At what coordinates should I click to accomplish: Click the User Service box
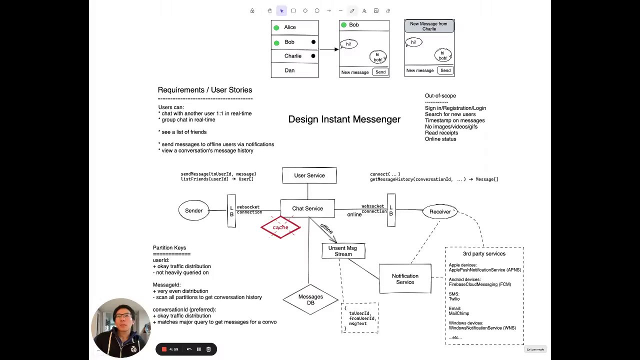click(x=309, y=175)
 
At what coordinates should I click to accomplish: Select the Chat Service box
click(x=307, y=208)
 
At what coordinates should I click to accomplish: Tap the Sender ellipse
click(x=193, y=210)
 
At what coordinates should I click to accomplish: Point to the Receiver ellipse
click(x=440, y=211)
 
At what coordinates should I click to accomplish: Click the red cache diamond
click(x=280, y=227)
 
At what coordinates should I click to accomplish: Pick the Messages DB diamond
click(x=310, y=299)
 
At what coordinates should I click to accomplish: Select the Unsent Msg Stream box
click(x=343, y=251)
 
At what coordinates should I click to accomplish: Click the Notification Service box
click(x=405, y=279)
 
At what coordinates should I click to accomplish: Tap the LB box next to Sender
click(x=231, y=211)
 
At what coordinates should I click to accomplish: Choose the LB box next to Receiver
click(x=391, y=210)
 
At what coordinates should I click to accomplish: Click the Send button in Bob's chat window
click(x=380, y=72)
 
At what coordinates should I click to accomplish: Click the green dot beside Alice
click(x=276, y=27)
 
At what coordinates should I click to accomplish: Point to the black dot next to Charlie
click(x=313, y=56)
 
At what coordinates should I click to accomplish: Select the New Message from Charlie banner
click(x=429, y=26)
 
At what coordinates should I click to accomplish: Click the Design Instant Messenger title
click(x=344, y=119)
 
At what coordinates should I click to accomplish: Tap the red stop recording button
click(x=164, y=349)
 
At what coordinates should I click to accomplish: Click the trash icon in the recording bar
click(x=208, y=349)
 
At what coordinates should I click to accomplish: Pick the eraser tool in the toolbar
click(x=387, y=11)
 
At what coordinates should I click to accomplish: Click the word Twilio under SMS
click(x=454, y=299)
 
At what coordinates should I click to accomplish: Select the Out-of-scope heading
click(x=440, y=95)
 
